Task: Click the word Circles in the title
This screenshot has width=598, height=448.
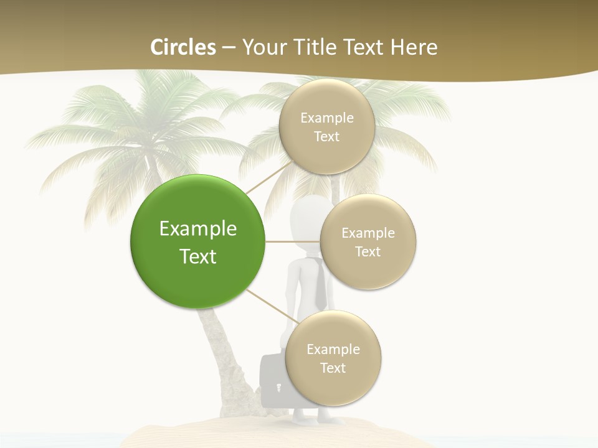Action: [183, 47]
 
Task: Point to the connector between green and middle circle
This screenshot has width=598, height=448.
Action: [293, 241]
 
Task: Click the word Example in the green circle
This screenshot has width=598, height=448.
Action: [198, 229]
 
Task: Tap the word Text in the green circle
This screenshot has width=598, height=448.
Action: [198, 256]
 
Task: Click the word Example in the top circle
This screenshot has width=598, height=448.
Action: [327, 118]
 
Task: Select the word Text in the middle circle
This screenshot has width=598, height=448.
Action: [368, 251]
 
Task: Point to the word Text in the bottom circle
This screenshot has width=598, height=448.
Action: [333, 368]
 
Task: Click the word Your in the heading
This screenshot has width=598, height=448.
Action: [262, 47]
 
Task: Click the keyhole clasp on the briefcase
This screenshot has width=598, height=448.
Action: [278, 388]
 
